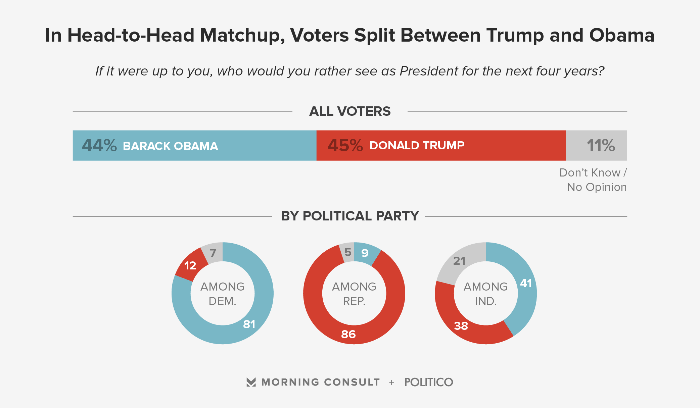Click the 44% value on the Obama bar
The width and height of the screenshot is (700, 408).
99,146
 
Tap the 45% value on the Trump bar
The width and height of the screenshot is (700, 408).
345,146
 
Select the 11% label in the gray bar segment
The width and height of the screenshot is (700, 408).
601,146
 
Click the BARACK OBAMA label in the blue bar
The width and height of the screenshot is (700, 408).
171,146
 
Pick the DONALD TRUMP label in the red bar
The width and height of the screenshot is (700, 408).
417,146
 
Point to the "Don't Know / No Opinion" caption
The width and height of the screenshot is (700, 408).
593,180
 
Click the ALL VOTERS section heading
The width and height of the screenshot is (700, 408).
350,111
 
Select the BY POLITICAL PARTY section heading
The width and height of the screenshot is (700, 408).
350,216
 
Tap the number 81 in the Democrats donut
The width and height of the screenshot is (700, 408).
249,324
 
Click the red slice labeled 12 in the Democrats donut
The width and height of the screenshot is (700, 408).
190,266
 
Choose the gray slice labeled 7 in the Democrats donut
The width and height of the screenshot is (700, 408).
213,253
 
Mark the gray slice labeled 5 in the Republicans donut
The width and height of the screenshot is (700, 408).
348,252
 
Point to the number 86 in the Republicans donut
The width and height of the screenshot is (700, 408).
348,334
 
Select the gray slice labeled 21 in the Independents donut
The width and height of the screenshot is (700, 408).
459,261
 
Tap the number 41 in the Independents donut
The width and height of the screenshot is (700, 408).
526,284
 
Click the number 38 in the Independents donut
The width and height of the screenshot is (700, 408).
461,326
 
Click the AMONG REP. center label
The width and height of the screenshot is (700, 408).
354,294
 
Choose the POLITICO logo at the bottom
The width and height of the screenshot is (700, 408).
429,382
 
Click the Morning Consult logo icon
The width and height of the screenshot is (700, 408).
251,382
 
